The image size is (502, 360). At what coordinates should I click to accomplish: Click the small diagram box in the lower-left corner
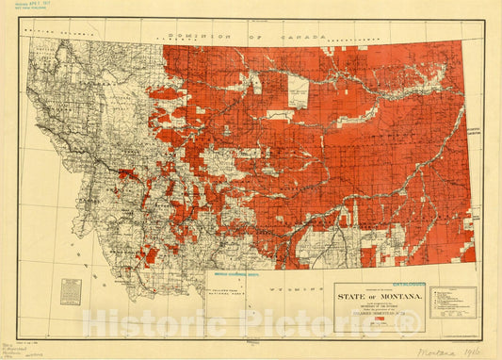pos(71,290)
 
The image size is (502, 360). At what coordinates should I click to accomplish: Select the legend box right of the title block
pos(452,303)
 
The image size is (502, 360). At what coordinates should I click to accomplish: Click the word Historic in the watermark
pos(140,322)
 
